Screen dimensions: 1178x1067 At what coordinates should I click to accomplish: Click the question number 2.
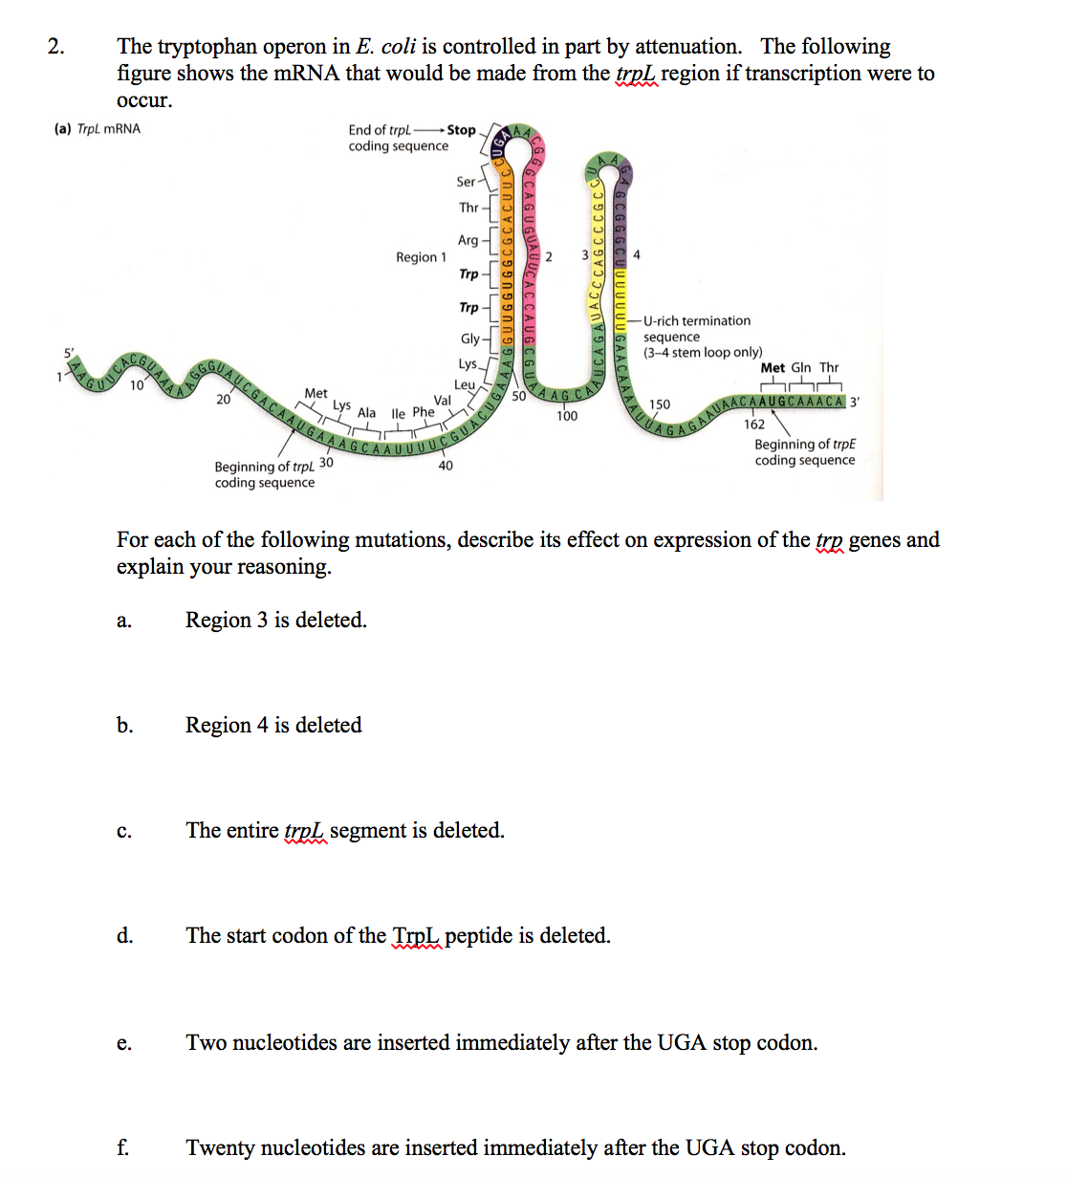click(x=55, y=47)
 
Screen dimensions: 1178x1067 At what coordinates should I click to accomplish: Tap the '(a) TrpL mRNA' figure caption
click(x=98, y=129)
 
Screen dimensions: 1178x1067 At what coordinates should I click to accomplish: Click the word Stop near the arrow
click(x=461, y=130)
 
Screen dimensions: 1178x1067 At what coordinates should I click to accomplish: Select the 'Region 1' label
click(x=421, y=257)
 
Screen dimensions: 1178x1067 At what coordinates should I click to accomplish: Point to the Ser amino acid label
click(x=466, y=182)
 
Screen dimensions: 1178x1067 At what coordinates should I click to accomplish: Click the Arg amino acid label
click(x=468, y=240)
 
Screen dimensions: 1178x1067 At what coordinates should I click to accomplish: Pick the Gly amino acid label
click(x=470, y=338)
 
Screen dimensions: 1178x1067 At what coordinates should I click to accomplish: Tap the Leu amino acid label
click(x=465, y=384)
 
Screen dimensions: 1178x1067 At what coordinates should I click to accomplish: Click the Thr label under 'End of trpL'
click(x=468, y=207)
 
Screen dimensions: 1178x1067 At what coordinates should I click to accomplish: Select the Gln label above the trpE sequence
click(x=801, y=368)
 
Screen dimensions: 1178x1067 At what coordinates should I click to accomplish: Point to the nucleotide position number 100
click(x=567, y=416)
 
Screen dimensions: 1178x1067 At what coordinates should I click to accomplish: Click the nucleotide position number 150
click(x=660, y=404)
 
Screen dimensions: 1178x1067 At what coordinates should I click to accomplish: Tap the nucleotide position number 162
click(x=754, y=425)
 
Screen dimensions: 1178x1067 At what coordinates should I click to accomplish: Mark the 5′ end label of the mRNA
click(x=69, y=353)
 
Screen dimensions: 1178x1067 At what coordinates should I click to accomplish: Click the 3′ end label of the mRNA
click(x=855, y=403)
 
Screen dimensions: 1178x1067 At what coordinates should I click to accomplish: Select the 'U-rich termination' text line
click(x=697, y=321)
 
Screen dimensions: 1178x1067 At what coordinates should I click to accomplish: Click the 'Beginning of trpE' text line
click(x=805, y=445)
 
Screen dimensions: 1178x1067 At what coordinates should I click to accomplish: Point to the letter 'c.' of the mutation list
click(x=124, y=831)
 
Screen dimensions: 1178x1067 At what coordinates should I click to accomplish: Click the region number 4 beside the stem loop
click(x=637, y=255)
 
